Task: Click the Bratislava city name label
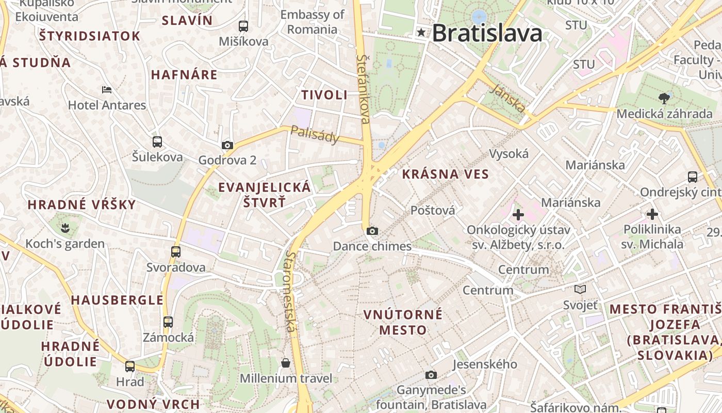point(487,33)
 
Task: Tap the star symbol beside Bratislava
point(422,33)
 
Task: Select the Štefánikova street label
point(364,89)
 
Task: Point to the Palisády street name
point(315,134)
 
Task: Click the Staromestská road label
point(291,292)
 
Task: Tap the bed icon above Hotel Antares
point(107,90)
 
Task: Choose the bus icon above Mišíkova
point(243,26)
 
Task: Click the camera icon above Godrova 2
point(227,146)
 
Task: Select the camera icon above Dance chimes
point(372,231)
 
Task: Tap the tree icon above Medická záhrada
point(664,98)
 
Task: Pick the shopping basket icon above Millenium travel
point(286,363)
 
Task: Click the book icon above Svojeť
point(580,289)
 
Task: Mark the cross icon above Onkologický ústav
point(518,214)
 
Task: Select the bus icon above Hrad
point(130,367)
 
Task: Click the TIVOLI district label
point(324,95)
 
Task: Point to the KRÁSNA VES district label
point(445,174)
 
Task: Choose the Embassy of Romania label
point(312,22)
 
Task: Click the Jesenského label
point(484,364)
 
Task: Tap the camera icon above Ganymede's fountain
point(431,375)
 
